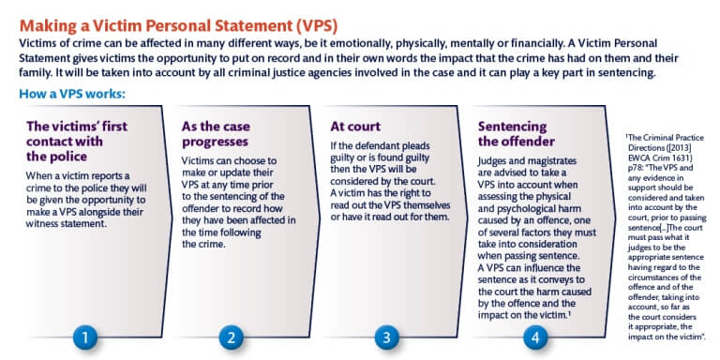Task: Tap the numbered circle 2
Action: (232, 335)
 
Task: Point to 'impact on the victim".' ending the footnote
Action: (665, 333)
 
